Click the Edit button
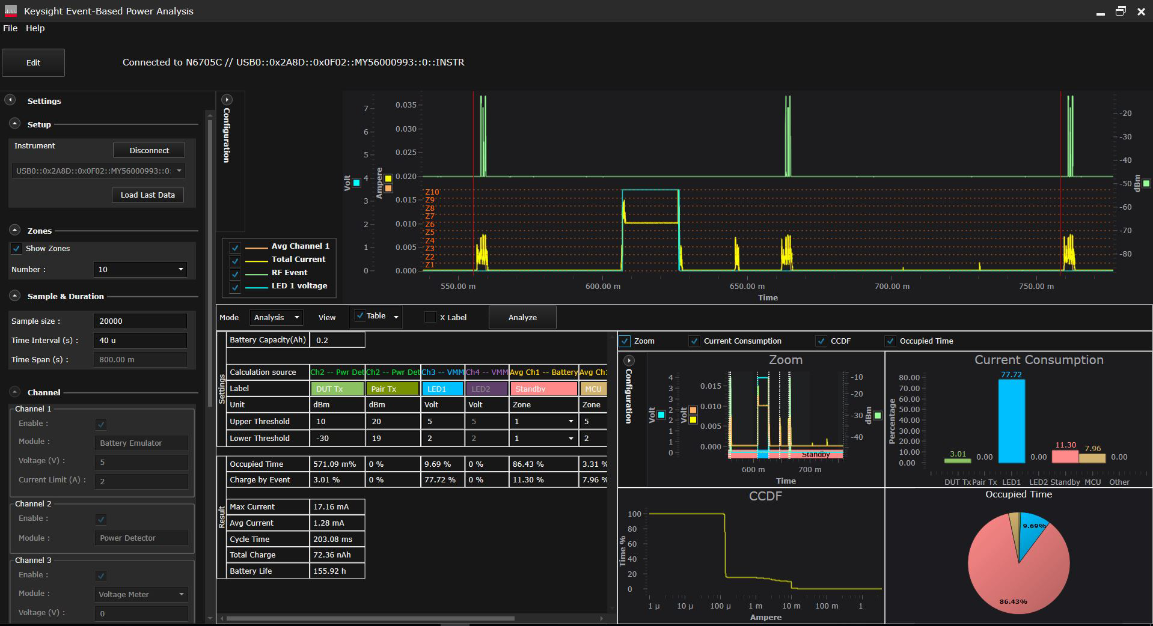point(33,62)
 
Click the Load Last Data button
point(147,195)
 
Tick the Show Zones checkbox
point(16,249)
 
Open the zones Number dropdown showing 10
point(140,269)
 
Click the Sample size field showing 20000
point(140,321)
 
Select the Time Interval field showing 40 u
point(140,340)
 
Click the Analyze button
point(522,317)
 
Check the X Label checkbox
point(430,317)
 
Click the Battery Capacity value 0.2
point(337,340)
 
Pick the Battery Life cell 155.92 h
point(337,571)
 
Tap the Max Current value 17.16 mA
point(337,506)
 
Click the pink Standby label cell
point(543,389)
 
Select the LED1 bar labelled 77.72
point(1011,421)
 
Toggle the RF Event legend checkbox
point(235,273)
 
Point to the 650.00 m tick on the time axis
point(747,287)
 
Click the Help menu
point(35,28)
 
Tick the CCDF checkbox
point(821,341)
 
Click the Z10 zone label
point(432,192)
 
